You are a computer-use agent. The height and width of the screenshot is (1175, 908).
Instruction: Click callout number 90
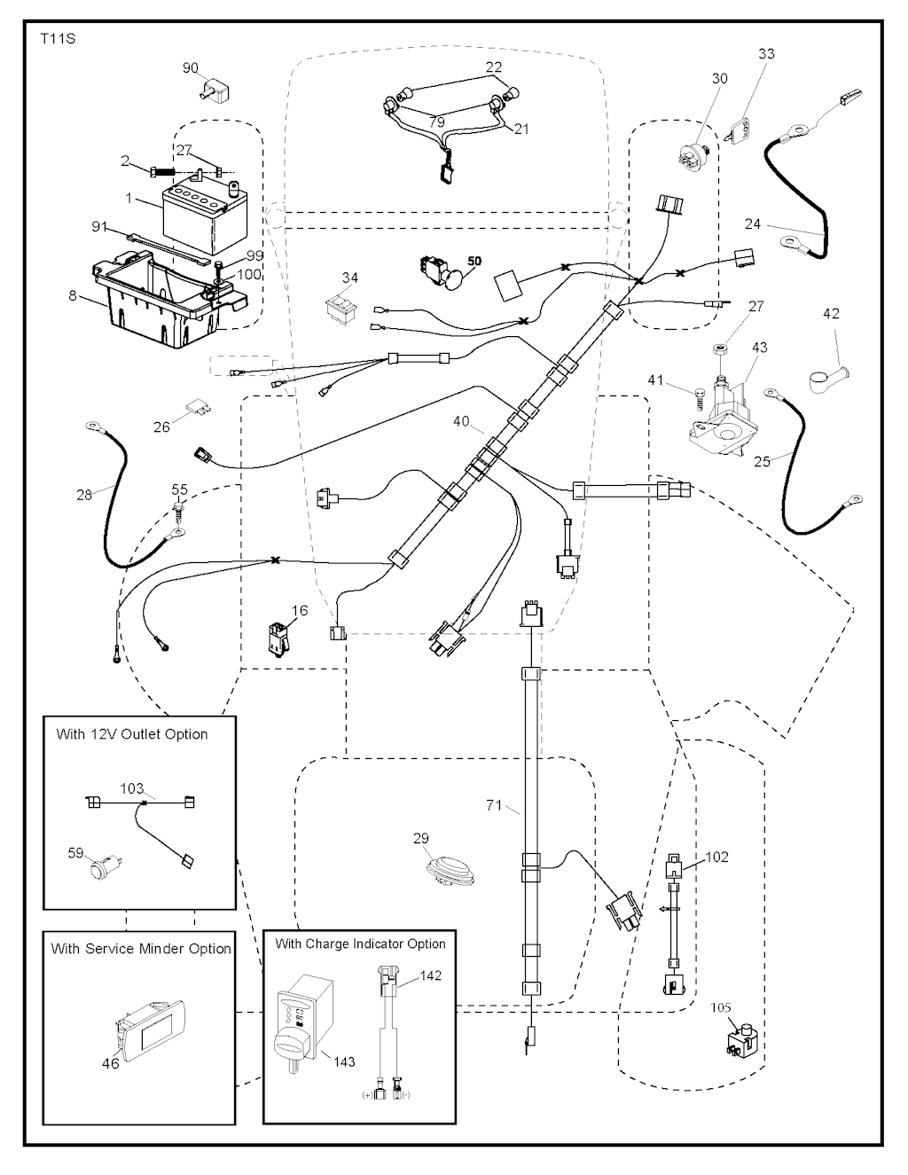(x=191, y=68)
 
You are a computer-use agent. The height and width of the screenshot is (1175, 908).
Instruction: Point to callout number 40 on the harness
(x=461, y=422)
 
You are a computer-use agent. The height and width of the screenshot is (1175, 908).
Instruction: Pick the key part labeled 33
(x=738, y=130)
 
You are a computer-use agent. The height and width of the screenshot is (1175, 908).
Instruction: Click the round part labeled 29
(x=450, y=868)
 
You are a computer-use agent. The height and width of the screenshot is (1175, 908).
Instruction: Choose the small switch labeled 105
(x=742, y=1041)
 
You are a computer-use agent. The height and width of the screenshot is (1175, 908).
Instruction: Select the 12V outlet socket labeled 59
(x=105, y=866)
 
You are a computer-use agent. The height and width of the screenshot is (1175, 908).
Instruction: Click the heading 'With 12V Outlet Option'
(x=131, y=734)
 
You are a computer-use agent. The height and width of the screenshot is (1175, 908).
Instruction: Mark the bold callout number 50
(x=474, y=262)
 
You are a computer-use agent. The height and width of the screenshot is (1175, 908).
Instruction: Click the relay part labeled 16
(x=276, y=638)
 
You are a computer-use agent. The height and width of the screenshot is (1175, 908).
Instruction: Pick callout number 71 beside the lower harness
(x=494, y=805)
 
